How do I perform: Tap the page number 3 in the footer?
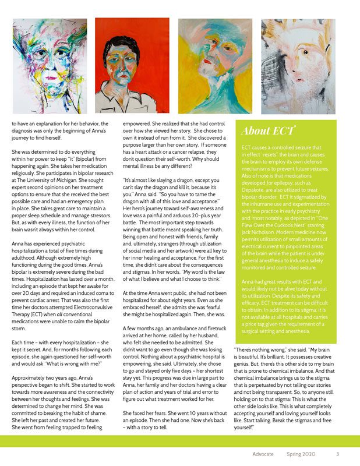click(x=337, y=454)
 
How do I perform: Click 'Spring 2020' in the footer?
click(x=301, y=454)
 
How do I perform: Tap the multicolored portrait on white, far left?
click(x=50, y=65)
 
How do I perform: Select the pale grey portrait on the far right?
click(x=298, y=65)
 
